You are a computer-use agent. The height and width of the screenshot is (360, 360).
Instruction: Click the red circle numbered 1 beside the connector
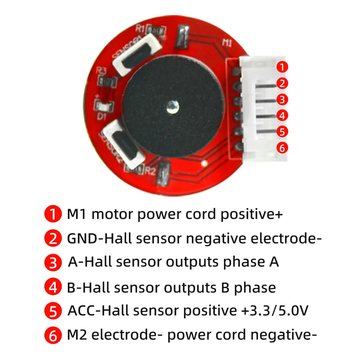click(x=283, y=67)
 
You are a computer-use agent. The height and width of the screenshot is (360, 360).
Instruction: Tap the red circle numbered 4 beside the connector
click(x=283, y=116)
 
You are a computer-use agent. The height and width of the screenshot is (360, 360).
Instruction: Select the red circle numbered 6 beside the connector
click(x=283, y=148)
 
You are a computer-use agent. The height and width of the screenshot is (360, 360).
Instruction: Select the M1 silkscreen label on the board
click(x=227, y=43)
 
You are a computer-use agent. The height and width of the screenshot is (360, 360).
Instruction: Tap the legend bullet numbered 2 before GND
click(x=53, y=239)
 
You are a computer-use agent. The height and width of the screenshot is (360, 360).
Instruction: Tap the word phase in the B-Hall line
click(x=255, y=288)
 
